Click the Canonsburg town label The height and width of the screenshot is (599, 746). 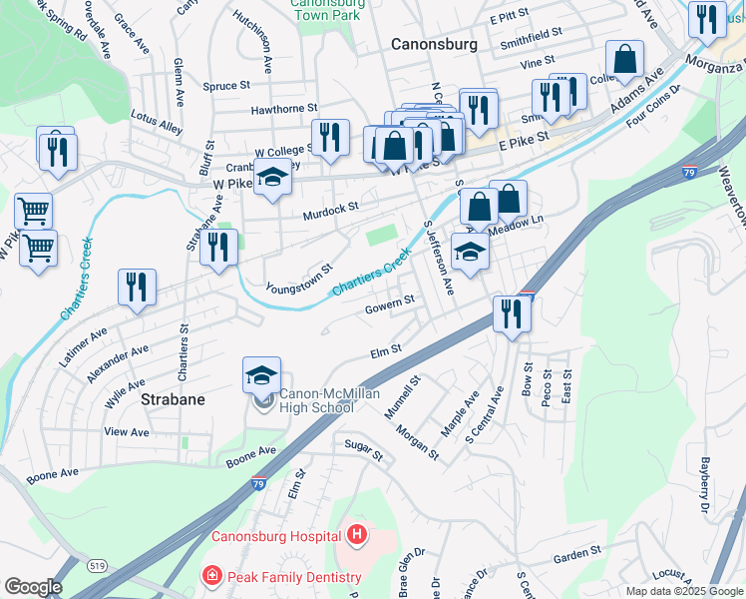pyautogui.click(x=434, y=45)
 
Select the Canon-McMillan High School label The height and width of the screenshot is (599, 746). pyautogui.click(x=316, y=399)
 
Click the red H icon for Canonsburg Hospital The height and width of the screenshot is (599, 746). pyautogui.click(x=357, y=536)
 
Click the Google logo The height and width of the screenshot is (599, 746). pyautogui.click(x=34, y=587)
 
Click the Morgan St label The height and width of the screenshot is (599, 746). pyautogui.click(x=418, y=440)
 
